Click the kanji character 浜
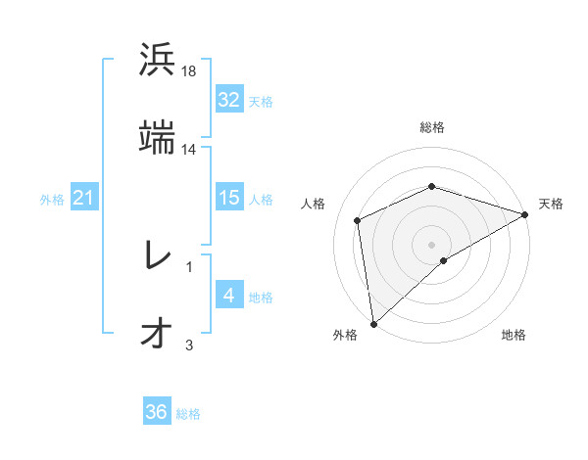coord(157,60)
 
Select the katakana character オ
coord(157,333)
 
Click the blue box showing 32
coord(229,100)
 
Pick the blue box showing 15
coord(229,198)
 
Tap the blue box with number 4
coord(229,296)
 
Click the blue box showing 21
coord(83,199)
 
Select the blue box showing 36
coord(157,412)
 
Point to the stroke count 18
coord(190,71)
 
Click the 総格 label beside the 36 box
coord(188,413)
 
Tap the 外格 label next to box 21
coord(52,200)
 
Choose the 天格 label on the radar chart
coord(551,204)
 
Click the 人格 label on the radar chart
coord(314,204)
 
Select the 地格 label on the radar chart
coord(514,335)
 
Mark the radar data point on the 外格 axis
coord(372,323)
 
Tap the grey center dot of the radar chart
coord(431,244)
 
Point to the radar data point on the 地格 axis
coord(444,260)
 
